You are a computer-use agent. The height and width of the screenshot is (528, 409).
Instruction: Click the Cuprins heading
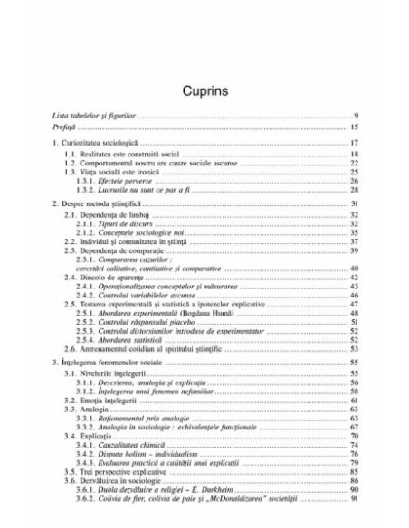pos(204,91)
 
